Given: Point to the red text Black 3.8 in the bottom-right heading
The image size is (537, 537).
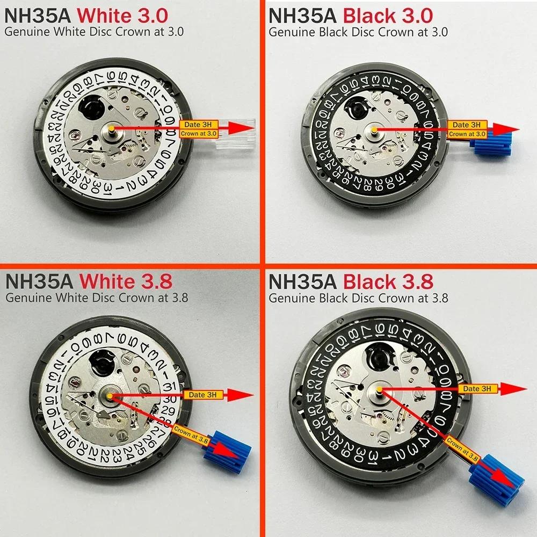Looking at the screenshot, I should coord(388,281).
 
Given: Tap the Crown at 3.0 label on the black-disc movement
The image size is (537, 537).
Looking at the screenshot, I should coord(467,134).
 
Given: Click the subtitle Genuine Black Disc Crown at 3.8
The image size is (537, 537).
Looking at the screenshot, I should coord(358,297).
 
